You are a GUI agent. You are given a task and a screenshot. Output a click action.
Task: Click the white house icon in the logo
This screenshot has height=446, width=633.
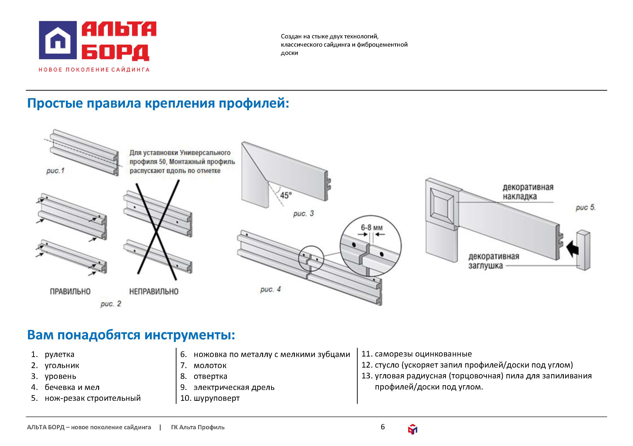coord(58,40)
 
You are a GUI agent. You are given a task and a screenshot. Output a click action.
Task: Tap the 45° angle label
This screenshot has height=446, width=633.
coord(286,195)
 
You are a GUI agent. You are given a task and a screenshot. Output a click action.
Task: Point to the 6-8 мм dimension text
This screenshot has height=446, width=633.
coord(372,228)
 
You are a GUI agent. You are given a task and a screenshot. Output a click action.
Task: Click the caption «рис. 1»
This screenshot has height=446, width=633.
coord(55,171)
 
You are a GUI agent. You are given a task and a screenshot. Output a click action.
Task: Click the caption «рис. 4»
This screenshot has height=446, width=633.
coord(270,289)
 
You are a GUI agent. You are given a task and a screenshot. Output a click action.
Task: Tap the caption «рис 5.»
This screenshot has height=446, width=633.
coord(585,207)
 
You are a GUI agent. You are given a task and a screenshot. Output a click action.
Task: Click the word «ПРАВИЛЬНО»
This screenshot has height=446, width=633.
coord(70,292)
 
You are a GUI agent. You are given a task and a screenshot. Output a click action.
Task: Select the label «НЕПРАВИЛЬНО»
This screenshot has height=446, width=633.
coord(154,292)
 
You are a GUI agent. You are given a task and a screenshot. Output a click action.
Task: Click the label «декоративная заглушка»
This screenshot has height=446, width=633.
coord(493,261)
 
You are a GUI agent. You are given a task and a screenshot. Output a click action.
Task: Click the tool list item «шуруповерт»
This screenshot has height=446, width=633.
coord(210,398)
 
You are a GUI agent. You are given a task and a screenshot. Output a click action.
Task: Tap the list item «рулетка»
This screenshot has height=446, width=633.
coord(53,354)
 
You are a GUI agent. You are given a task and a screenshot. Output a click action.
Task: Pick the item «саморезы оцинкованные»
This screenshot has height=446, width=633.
coord(417,354)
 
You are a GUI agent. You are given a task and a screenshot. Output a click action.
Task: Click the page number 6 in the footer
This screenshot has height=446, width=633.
coord(383,427)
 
